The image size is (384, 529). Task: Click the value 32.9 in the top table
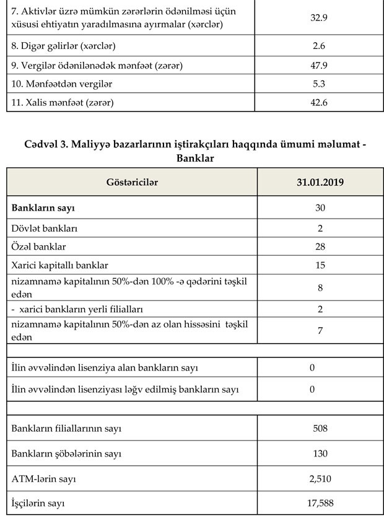point(319,17)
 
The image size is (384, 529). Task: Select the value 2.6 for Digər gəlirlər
point(319,45)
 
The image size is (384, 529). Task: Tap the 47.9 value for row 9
point(319,64)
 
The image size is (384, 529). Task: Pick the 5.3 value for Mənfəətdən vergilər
point(319,83)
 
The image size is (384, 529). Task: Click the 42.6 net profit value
point(319,102)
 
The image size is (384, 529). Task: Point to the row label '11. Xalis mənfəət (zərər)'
point(63,102)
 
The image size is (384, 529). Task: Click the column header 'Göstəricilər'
point(132,182)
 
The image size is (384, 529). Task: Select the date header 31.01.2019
point(320,182)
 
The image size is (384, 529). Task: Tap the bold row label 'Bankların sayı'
point(46,208)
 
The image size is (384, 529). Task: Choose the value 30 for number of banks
point(320,208)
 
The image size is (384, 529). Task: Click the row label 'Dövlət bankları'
point(45,228)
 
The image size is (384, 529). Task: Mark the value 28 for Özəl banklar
point(320,247)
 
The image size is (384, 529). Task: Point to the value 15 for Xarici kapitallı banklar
point(320,265)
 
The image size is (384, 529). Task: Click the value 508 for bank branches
point(320,428)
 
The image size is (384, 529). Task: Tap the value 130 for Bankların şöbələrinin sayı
point(320,453)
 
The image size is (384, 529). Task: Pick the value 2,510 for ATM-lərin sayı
point(320,478)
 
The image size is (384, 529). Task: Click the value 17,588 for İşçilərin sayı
point(320,503)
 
